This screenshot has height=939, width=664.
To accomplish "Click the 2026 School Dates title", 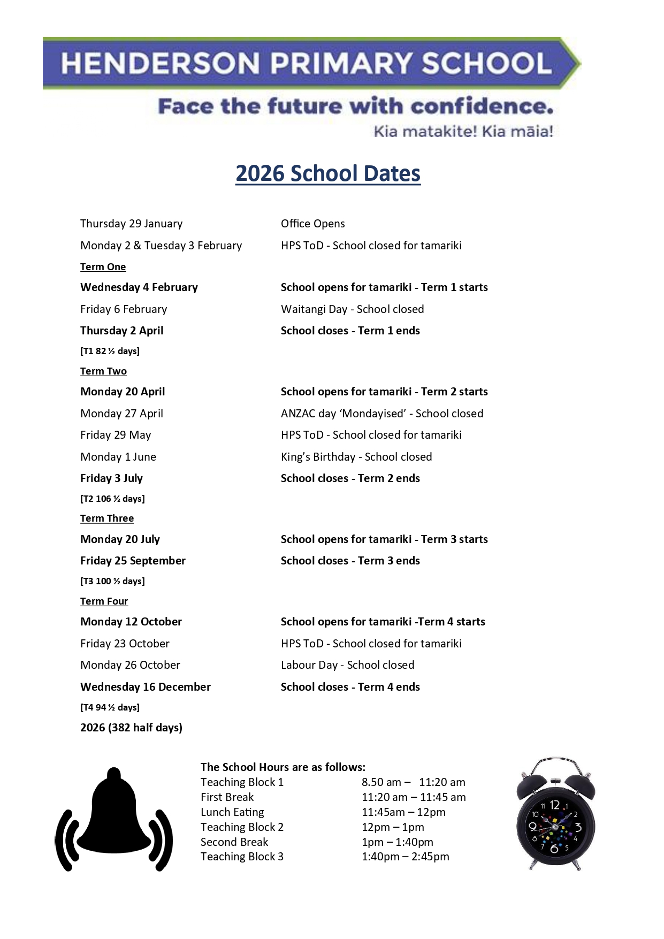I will (x=328, y=174).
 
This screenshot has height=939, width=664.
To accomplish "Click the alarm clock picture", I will (x=555, y=813).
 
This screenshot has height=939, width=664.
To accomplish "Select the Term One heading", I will (x=103, y=267).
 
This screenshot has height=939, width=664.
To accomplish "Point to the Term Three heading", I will (x=107, y=518).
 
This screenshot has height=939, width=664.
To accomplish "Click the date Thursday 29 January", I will (x=131, y=224).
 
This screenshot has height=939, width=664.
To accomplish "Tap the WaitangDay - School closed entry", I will (x=352, y=309).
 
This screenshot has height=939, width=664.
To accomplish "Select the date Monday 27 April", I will (x=121, y=414).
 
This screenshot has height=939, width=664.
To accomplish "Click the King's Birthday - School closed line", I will (x=356, y=457).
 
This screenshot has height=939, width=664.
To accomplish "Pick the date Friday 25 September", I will (x=133, y=561).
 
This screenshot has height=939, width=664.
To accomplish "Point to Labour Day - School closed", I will (x=347, y=665).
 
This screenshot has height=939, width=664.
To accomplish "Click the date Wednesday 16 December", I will (x=145, y=687).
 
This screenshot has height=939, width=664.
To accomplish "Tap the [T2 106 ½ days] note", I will (x=112, y=499).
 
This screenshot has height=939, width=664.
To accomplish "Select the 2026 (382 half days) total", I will (x=131, y=728).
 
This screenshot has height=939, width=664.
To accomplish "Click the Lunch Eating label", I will (x=232, y=812).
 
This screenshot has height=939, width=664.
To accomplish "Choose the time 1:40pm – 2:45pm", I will (x=405, y=857).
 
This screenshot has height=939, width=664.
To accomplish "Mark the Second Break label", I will (x=234, y=842).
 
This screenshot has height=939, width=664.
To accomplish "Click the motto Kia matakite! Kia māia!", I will (x=463, y=131).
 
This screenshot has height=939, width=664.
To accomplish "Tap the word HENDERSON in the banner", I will (x=160, y=63).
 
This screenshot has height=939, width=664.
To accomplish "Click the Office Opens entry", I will (x=312, y=224).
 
